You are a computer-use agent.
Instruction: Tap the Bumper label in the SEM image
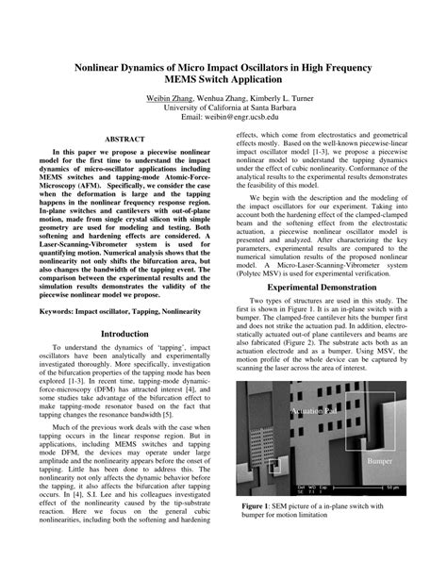pos(379,461)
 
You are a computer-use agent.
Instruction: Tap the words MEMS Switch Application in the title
pos(223,83)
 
